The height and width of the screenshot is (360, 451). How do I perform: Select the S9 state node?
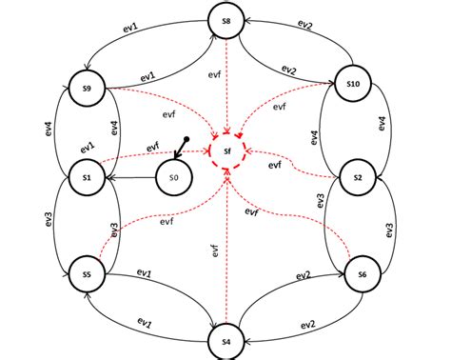pyautogui.click(x=86, y=89)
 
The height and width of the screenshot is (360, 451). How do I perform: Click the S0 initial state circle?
pyautogui.click(x=172, y=177)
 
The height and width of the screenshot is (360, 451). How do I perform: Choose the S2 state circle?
pyautogui.click(x=357, y=177)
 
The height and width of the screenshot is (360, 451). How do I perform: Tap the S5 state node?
pyautogui.click(x=86, y=274)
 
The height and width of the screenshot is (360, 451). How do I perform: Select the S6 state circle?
pyautogui.click(x=361, y=274)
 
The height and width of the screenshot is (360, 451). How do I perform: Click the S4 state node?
pyautogui.click(x=226, y=339)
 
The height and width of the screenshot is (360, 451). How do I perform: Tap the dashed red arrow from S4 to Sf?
pyautogui.click(x=226, y=248)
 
